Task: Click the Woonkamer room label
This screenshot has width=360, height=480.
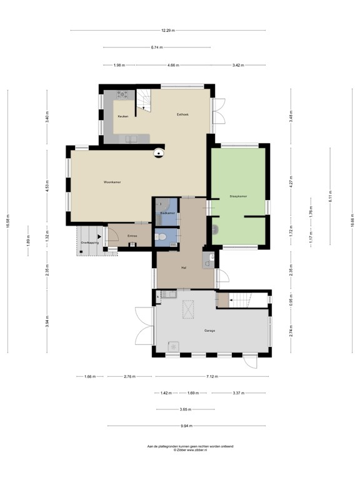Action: (x=112, y=182)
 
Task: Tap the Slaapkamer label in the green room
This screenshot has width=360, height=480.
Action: (x=238, y=196)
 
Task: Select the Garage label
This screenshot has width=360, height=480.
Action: (x=209, y=330)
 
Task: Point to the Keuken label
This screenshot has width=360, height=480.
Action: (x=123, y=116)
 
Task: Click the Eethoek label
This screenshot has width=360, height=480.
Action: (x=182, y=114)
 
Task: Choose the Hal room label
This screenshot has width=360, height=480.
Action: (x=184, y=267)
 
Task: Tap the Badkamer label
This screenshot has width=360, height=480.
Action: (x=167, y=214)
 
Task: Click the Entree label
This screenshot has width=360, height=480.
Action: (x=132, y=236)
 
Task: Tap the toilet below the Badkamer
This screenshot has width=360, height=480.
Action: (x=162, y=236)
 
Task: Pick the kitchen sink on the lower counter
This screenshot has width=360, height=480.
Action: (x=132, y=139)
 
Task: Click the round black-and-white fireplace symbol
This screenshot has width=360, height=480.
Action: (x=160, y=152)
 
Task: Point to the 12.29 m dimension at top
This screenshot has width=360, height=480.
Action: (x=167, y=31)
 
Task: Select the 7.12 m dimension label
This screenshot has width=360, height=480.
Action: (x=212, y=377)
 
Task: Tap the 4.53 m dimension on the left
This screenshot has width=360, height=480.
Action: (x=47, y=187)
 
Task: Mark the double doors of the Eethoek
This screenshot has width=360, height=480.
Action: (x=217, y=116)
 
